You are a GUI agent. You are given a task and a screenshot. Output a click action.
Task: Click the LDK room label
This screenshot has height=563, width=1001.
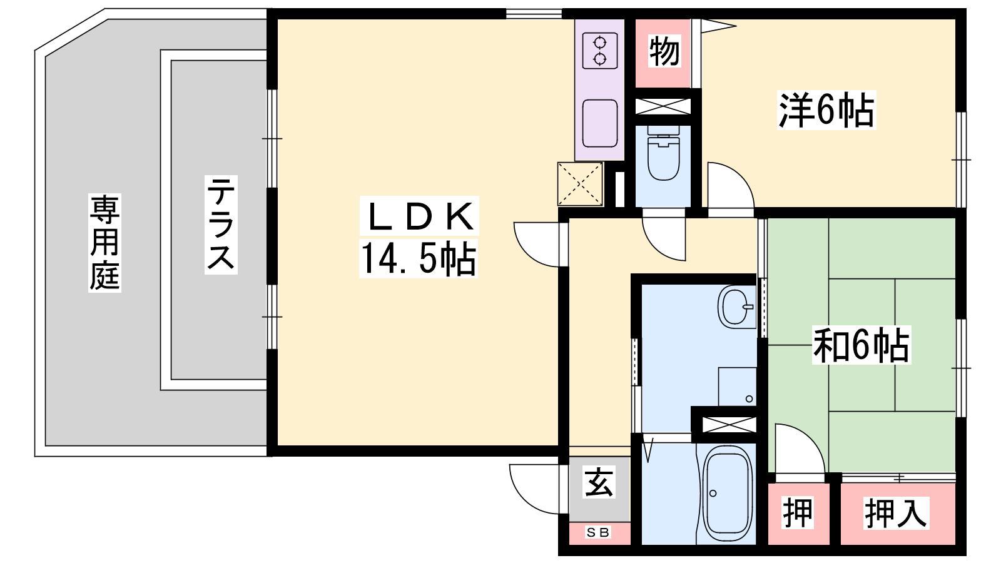pyautogui.click(x=419, y=216)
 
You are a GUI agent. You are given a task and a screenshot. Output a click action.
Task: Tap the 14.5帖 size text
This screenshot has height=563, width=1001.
pyautogui.click(x=419, y=259)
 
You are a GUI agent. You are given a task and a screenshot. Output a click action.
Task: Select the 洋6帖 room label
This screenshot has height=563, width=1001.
pyautogui.click(x=826, y=110)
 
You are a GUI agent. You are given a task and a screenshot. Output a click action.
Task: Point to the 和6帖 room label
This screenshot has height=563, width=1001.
pyautogui.click(x=861, y=345)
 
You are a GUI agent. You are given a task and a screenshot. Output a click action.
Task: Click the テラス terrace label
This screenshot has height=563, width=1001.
pyautogui.click(x=221, y=225)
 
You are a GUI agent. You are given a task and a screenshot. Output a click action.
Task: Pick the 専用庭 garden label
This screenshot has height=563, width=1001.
pyautogui.click(x=104, y=243)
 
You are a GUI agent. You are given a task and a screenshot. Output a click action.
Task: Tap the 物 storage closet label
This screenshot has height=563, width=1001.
pyautogui.click(x=664, y=51)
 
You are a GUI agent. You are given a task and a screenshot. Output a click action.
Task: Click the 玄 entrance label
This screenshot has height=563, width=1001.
pyautogui.click(x=599, y=482)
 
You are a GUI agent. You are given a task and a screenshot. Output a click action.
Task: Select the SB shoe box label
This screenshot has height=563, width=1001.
pyautogui.click(x=598, y=532)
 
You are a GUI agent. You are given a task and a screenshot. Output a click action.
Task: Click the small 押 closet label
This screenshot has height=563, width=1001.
pyautogui.click(x=798, y=513)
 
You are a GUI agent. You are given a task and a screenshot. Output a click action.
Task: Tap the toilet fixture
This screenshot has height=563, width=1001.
pyautogui.click(x=664, y=153)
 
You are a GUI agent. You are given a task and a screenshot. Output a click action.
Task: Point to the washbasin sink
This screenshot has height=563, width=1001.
pyautogui.click(x=736, y=307)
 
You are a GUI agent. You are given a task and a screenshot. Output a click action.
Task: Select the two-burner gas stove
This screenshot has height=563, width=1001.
pyautogui.click(x=600, y=51)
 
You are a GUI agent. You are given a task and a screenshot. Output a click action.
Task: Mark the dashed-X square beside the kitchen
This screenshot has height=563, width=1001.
pyautogui.click(x=580, y=184)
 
